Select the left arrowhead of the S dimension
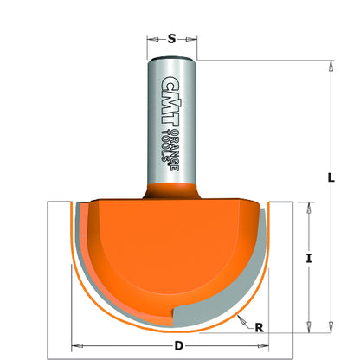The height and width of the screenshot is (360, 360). pos(151,38)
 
